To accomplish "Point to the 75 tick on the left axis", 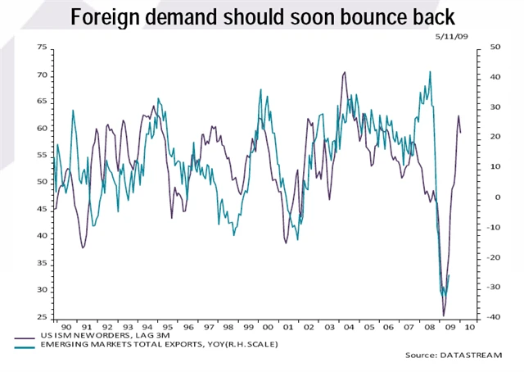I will [42, 48].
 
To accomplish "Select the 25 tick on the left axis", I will [42, 316].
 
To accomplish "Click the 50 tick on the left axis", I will [42, 182].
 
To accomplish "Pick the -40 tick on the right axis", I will [472, 316].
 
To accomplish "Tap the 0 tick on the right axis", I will [474, 197].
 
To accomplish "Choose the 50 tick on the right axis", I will [472, 48].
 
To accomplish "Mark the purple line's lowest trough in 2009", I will [444, 315].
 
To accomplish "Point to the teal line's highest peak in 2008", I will [430, 71].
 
